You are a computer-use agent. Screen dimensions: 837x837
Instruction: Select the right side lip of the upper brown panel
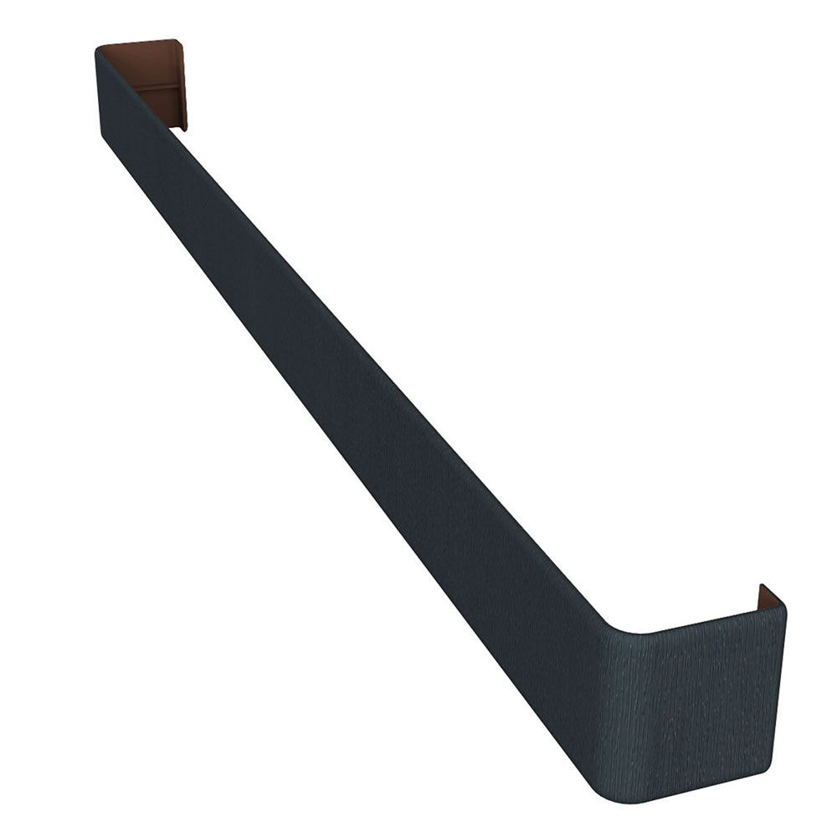tap(182, 84)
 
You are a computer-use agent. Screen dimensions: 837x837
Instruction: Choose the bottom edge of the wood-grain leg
tap(703, 791)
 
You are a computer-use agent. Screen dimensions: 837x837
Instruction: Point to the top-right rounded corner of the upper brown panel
tap(177, 42)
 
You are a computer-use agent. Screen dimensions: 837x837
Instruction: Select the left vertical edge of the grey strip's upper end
tap(99, 92)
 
